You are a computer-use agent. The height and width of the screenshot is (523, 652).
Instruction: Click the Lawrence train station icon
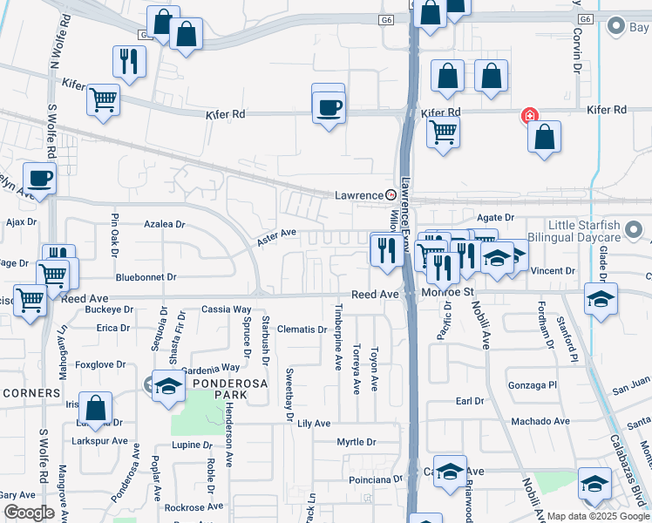[391, 194]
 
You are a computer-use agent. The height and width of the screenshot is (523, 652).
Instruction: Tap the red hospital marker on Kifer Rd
[527, 115]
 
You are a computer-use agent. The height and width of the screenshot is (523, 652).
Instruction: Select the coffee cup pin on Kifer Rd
[329, 108]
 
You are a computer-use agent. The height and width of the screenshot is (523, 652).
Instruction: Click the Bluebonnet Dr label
[146, 277]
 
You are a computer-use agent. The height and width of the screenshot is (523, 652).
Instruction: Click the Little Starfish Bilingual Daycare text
[572, 230]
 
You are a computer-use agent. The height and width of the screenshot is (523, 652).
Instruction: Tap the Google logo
[29, 513]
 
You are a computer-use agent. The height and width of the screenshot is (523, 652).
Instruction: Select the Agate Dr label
[496, 217]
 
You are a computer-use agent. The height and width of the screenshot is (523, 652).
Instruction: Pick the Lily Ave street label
[314, 423]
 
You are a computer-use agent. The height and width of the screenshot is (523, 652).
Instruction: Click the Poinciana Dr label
[374, 479]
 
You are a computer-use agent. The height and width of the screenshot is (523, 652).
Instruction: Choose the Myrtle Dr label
[357, 442]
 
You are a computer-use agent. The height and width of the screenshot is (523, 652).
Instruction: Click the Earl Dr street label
[469, 401]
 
